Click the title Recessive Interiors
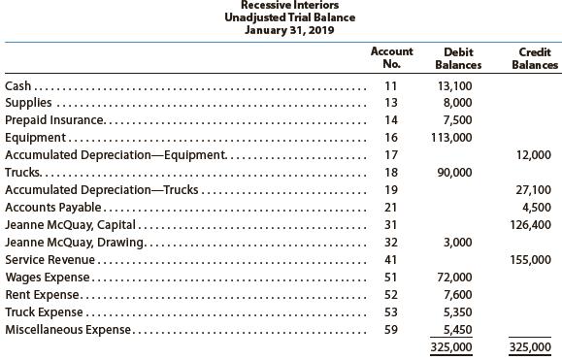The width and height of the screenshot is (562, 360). coord(281,5)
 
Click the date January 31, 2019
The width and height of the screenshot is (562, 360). coord(281,30)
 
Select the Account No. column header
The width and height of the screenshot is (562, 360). coord(391,58)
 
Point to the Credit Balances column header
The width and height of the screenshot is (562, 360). coord(535,58)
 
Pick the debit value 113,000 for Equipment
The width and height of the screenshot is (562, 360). coord(453,138)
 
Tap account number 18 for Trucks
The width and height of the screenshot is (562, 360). coord(391,173)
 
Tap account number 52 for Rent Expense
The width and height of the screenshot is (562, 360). coord(391,295)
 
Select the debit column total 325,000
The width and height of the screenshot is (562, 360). coord(453,347)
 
